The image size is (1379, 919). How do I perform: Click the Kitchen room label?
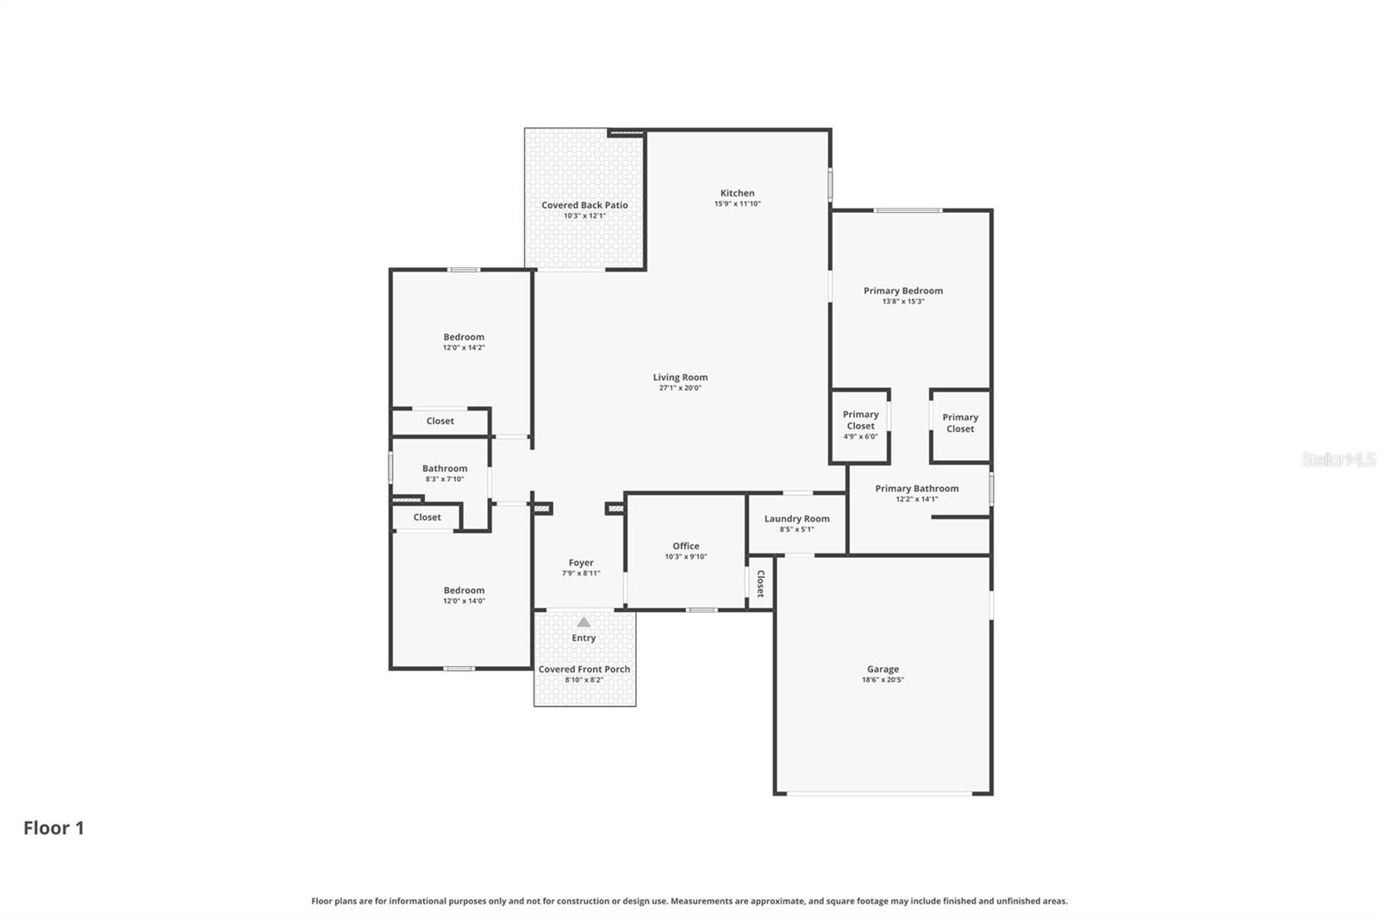(737, 193)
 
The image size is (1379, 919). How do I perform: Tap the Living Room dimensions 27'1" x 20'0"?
(680, 388)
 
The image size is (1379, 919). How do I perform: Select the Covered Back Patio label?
(584, 205)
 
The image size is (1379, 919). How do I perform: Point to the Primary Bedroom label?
(902, 291)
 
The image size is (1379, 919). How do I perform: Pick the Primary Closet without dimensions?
(959, 423)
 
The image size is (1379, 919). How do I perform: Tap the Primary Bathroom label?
(916, 489)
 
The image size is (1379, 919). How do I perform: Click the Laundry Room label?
(796, 519)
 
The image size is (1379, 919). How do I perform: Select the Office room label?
(685, 546)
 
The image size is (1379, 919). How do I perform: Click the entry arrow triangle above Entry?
(583, 622)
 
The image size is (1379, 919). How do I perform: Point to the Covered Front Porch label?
(583, 669)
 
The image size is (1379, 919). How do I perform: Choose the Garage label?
(883, 669)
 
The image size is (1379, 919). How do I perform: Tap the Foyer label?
(581, 563)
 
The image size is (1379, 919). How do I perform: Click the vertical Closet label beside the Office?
(760, 584)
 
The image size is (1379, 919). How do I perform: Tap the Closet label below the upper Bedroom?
(440, 422)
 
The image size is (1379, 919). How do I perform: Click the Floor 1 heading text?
(53, 828)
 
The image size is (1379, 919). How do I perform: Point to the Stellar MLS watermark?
(1338, 459)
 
